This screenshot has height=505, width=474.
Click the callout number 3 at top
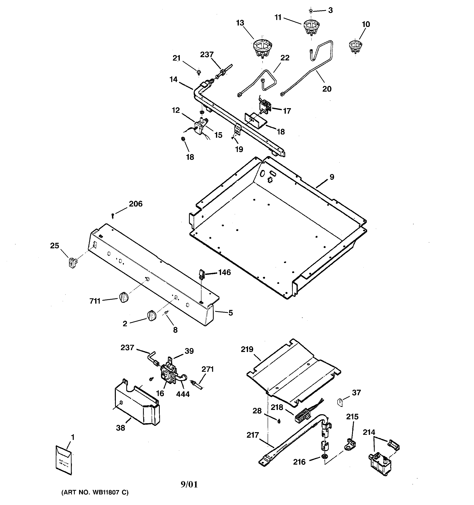pyautogui.click(x=330, y=10)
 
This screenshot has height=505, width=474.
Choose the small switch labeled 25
pyautogui.click(x=73, y=262)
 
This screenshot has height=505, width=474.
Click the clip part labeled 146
pyautogui.click(x=201, y=274)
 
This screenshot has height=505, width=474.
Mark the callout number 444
pyautogui.click(x=183, y=394)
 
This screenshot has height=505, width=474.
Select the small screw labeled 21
pyautogui.click(x=199, y=72)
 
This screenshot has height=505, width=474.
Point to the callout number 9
pyautogui.click(x=332, y=177)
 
